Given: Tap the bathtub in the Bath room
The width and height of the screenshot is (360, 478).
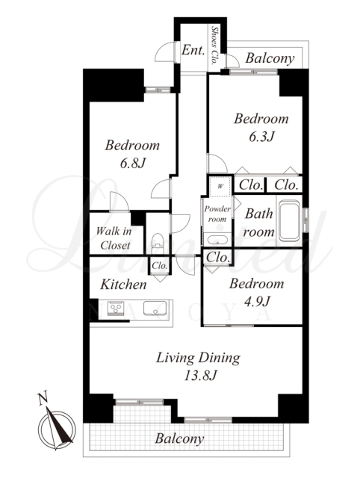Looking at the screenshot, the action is (289, 220).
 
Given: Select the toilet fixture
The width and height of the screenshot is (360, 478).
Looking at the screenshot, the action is (158, 243).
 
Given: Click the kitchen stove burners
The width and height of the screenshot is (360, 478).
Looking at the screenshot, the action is (116, 308).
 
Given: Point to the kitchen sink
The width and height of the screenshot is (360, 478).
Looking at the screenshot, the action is (155, 308).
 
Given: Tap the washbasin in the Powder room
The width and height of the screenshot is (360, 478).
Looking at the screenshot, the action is (217, 240).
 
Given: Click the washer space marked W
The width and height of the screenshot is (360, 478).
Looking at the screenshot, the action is (220, 186).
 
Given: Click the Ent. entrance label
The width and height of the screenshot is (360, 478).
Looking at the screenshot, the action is (193, 50).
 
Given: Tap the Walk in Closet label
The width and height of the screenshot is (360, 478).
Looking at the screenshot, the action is (114, 238).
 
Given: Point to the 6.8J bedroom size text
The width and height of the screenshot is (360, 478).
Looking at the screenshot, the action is (133, 164).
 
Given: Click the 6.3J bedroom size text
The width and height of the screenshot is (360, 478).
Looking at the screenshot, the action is (261, 137).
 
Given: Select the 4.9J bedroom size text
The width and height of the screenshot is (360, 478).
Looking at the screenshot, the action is (257, 302).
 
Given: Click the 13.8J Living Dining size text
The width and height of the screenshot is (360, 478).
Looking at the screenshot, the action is (200, 376).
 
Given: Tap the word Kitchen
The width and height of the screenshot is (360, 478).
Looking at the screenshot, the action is (123, 285).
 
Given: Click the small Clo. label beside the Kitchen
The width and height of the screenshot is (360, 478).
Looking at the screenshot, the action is (160, 265).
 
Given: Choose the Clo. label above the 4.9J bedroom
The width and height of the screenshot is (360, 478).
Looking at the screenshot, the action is (217, 257).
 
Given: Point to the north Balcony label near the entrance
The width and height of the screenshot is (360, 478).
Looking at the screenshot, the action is (270, 58).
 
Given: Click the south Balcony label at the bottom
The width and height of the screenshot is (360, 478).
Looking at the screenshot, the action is (179, 439).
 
